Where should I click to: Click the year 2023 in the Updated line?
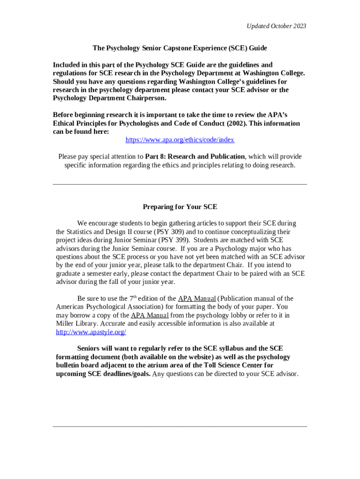click(298, 26)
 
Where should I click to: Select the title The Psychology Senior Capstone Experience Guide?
click(180, 48)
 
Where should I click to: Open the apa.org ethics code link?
click(180, 140)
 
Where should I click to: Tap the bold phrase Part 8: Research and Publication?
click(195, 157)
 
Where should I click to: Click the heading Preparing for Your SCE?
click(180, 207)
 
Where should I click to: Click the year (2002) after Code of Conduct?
click(226, 123)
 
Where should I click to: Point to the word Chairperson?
click(145, 98)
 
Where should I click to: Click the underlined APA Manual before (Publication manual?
click(197, 298)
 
